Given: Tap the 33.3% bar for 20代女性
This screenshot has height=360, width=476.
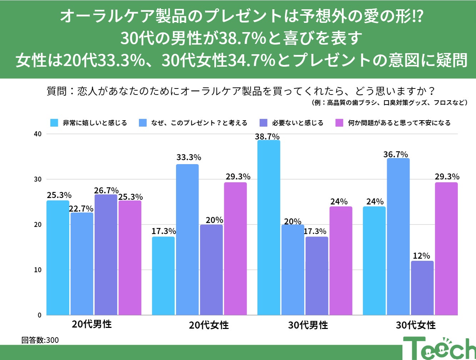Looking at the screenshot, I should point(187,239).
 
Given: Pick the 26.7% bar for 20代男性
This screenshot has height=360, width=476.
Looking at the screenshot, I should point(106,255).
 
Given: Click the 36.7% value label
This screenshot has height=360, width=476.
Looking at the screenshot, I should point(396,154).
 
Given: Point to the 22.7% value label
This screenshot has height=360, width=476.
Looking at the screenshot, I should point(81,208).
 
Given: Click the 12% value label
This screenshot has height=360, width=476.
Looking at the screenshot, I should point(421,256).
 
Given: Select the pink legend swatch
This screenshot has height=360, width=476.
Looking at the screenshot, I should point(339,123).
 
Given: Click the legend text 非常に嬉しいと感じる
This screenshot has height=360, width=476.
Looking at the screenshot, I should point(95,123).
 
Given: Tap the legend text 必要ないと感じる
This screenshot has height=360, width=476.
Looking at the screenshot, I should point(297,123).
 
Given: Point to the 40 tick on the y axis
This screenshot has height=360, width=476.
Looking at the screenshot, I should point(37,134).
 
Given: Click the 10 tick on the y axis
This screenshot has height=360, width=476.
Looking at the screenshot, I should point(37,270).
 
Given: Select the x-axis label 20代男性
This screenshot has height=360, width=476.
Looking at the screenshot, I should point(92,324).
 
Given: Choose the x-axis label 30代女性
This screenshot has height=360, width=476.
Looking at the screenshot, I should point(416,325).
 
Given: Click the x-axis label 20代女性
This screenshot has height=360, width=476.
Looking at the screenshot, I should point(209,325).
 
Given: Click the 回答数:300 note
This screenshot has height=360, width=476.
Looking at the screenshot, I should point(40,340).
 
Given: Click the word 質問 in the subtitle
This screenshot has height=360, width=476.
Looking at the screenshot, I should point(57,91).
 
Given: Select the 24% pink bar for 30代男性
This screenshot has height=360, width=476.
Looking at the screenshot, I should point(341,260).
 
